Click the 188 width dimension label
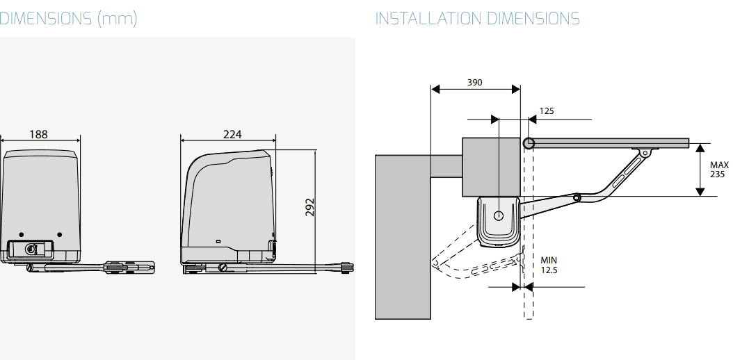(39, 134)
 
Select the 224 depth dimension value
(232, 134)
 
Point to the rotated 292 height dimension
(310, 207)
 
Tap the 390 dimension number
(474, 83)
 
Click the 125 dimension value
(547, 111)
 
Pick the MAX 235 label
(719, 170)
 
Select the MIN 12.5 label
(549, 265)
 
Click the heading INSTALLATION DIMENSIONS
(477, 19)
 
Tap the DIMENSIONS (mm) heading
(68, 19)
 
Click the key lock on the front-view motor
(31, 249)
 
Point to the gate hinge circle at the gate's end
(529, 143)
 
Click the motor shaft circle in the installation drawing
(499, 215)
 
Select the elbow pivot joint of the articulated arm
(578, 198)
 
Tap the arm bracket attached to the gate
(645, 152)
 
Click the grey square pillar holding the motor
(491, 167)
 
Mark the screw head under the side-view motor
(222, 268)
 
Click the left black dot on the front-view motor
(21, 234)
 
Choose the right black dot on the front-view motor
(59, 234)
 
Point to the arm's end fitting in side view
(347, 267)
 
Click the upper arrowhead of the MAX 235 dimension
(700, 149)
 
